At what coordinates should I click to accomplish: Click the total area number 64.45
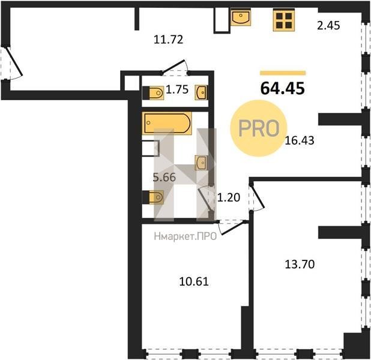[x=283, y=88]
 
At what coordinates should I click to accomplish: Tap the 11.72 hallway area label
[x=169, y=40]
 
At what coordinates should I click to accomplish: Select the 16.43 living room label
[x=300, y=140]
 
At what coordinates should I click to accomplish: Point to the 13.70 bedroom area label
[x=300, y=264]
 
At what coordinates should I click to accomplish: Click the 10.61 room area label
[x=194, y=281]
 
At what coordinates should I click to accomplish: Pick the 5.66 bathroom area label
[x=164, y=177]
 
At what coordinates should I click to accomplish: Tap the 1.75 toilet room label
[x=177, y=89]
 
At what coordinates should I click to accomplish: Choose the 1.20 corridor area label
[x=229, y=197]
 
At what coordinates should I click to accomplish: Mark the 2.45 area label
[x=328, y=25]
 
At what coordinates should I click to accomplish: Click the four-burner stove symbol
[x=284, y=20]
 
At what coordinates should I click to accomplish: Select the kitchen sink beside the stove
[x=241, y=17]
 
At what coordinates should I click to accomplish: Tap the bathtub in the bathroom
[x=167, y=123]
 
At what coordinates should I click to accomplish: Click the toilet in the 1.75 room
[x=153, y=93]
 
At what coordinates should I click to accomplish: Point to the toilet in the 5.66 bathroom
[x=153, y=197]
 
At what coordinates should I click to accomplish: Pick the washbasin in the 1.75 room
[x=201, y=92]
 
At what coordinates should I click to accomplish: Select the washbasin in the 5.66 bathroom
[x=201, y=163]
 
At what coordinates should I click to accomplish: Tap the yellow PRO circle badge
[x=259, y=128]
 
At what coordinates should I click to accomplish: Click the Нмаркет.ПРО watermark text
[x=185, y=236]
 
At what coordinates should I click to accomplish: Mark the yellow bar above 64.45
[x=283, y=73]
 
